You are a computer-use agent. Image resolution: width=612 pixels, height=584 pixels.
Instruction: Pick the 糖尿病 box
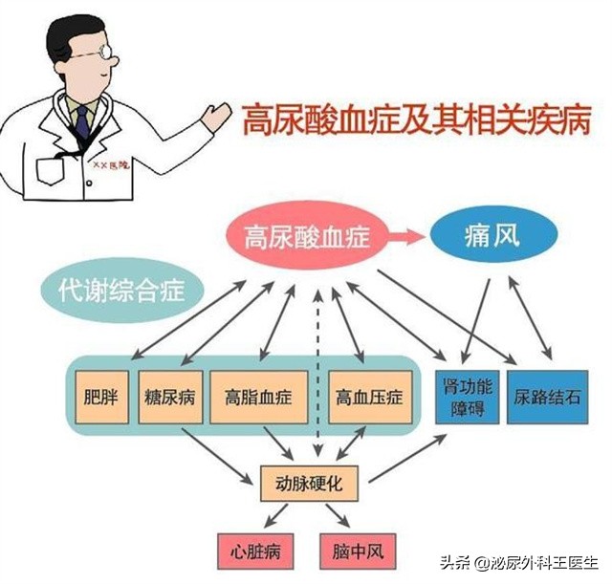pyautogui.click(x=169, y=394)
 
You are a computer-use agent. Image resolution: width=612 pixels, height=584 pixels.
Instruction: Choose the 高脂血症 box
pyautogui.click(x=258, y=394)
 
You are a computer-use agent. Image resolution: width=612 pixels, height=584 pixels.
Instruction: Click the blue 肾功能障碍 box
pyautogui.click(x=466, y=395)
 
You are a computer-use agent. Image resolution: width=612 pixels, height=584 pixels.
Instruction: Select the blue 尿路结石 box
pyautogui.click(x=547, y=394)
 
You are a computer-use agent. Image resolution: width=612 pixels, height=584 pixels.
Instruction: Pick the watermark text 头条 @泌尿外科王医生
pyautogui.click(x=520, y=564)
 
